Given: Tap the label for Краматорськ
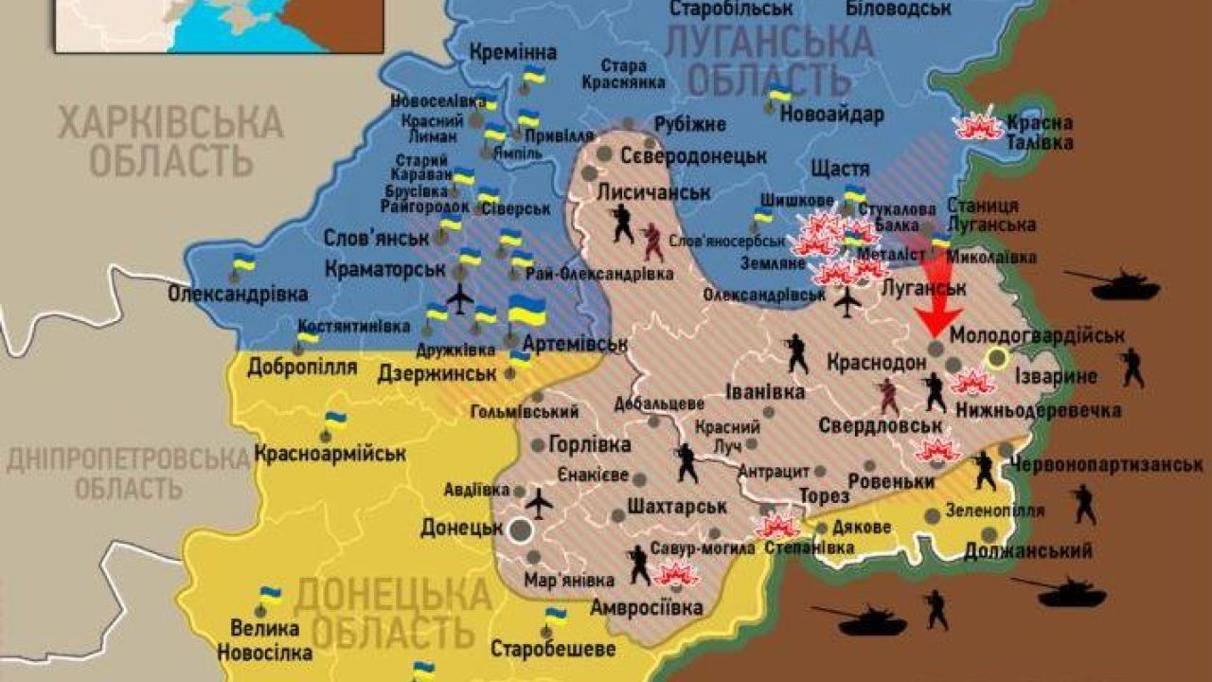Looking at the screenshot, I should coord(384,269).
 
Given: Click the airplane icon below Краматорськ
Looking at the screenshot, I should coord(459,298).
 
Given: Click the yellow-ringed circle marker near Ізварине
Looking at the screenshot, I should coord(996,357).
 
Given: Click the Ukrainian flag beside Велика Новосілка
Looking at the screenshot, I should coord(270,597).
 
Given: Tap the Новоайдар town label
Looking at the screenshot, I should coord(832,116).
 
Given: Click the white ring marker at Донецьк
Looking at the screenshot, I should coord(520,529).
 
